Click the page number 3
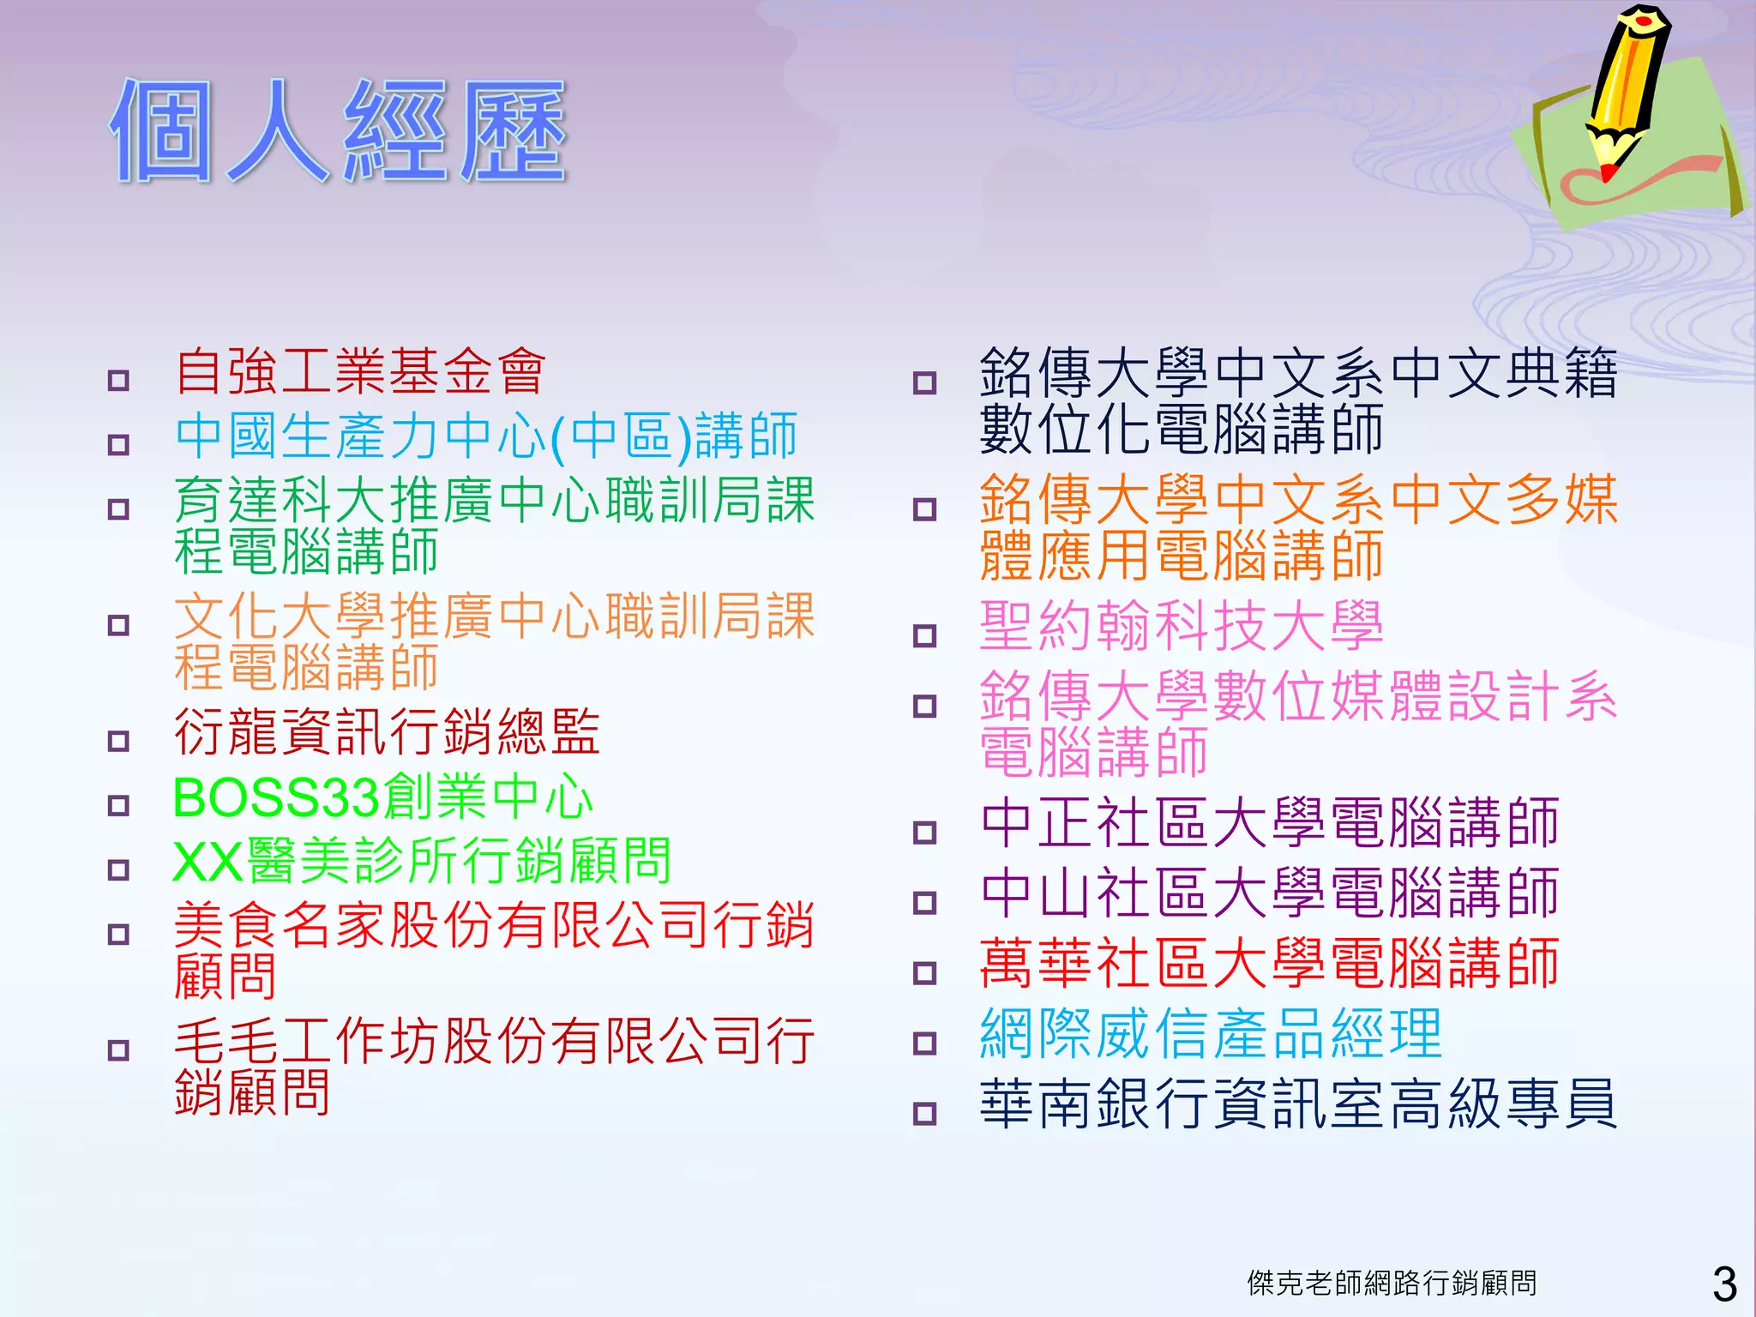(x=1724, y=1284)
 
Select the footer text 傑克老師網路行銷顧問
(x=1392, y=1283)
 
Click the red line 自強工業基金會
(x=360, y=372)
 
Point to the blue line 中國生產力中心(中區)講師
(x=486, y=436)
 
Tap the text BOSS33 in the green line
(x=276, y=797)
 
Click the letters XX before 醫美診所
(x=207, y=862)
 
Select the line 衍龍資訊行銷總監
(x=387, y=733)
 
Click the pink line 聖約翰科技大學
(x=1182, y=626)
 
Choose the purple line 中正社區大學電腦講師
(x=1269, y=823)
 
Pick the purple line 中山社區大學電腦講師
(x=1269, y=893)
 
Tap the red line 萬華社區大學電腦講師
(x=1269, y=964)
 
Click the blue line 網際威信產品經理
(x=1211, y=1034)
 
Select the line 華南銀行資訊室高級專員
(x=1298, y=1104)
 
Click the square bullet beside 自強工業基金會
(x=118, y=381)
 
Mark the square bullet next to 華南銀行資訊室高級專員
(x=924, y=1114)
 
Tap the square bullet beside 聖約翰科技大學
(x=924, y=636)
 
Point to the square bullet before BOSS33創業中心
(x=118, y=806)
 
